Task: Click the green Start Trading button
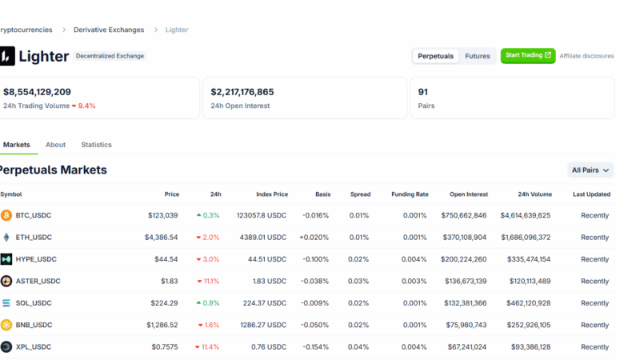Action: coord(527,56)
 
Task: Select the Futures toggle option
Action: coord(478,56)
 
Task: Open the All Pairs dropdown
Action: coord(591,170)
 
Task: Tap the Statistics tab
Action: coord(96,145)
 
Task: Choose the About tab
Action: coord(56,145)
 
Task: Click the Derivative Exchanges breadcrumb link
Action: coord(109,30)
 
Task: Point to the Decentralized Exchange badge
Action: coord(110,56)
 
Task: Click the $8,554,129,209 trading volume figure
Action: coord(38,92)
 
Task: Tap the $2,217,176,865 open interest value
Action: coord(242,92)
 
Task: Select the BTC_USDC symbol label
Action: coord(34,215)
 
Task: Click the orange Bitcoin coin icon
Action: coord(6,215)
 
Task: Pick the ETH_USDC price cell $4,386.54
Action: coord(162,238)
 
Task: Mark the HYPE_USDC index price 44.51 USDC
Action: coord(267,259)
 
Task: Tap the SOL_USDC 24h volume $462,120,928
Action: coord(525,303)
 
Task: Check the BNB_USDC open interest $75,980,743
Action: coord(464,326)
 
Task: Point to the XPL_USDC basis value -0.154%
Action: coord(315,347)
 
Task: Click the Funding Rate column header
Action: coord(410,194)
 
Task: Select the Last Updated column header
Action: coord(591,194)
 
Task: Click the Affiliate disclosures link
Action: coord(586,56)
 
